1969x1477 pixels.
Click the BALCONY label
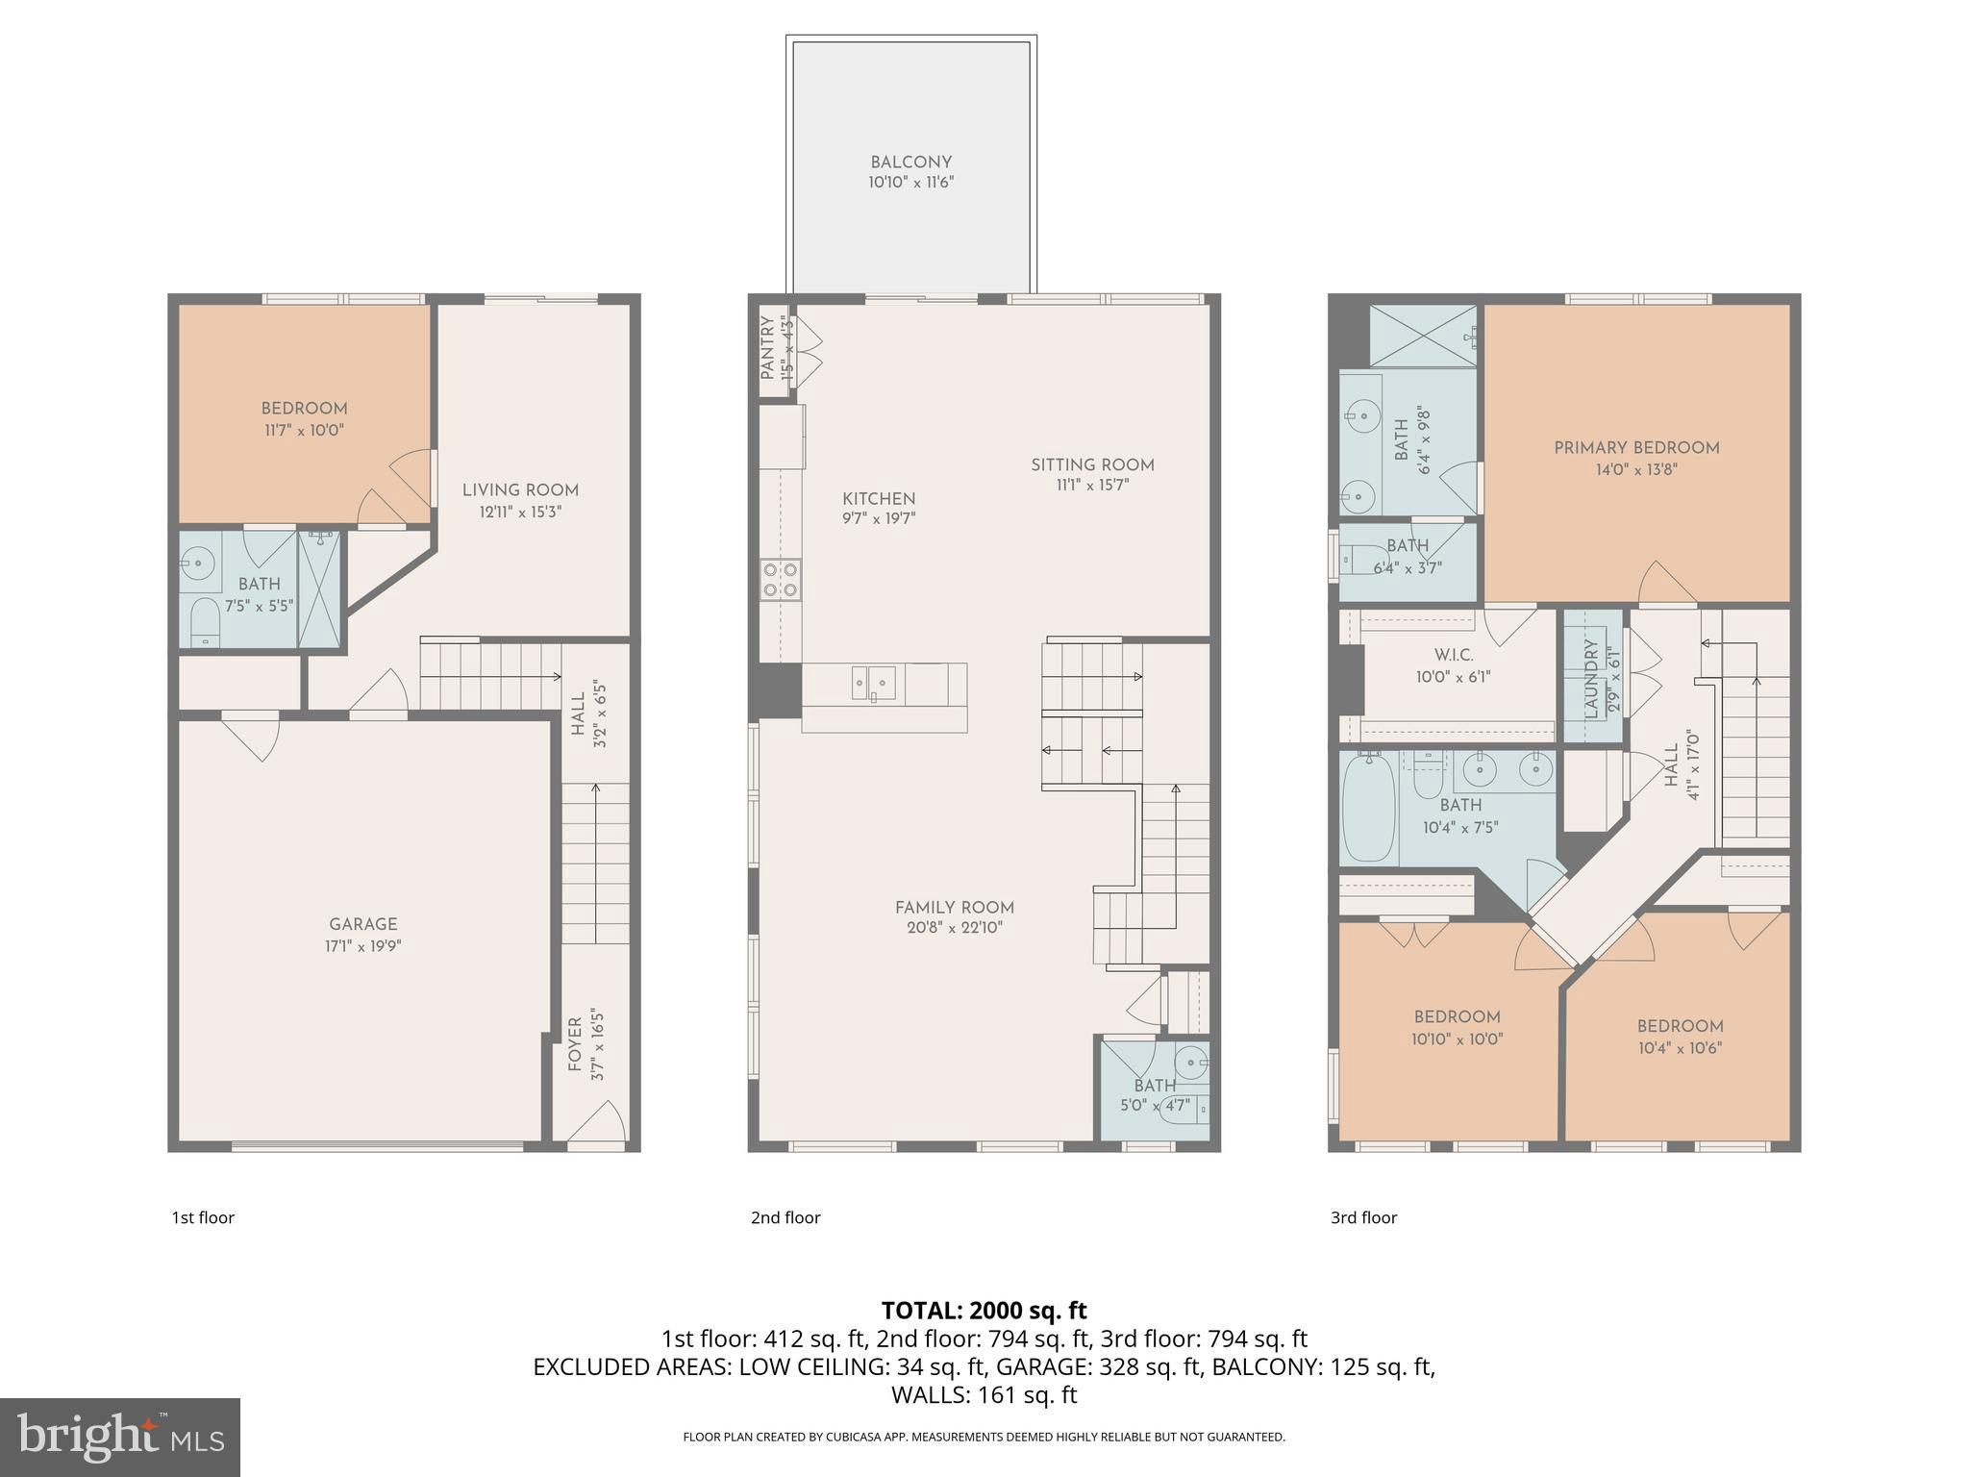[x=910, y=163]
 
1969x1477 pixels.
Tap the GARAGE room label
[x=362, y=924]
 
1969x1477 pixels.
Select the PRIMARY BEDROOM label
[x=1636, y=447]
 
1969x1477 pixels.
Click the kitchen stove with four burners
[x=780, y=579]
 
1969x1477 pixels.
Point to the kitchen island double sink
[x=873, y=683]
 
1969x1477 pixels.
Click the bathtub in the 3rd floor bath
[x=1368, y=809]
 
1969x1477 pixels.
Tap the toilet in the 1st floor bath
[x=205, y=623]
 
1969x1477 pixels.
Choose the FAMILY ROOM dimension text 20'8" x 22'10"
[x=954, y=928]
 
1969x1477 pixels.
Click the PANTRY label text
[x=768, y=347]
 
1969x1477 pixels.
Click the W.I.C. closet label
[x=1453, y=655]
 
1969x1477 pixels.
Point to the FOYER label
[x=575, y=1044]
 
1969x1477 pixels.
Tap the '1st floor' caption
[x=203, y=1217]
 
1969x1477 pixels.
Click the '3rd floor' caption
[x=1363, y=1217]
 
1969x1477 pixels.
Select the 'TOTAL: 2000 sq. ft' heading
[x=984, y=1310]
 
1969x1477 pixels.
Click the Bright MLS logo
[x=119, y=1437]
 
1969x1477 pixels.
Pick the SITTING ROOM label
[x=1092, y=464]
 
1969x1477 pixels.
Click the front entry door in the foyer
[x=598, y=1125]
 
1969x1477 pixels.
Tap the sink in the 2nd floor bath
[x=1192, y=1063]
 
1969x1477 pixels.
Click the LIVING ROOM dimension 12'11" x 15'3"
[x=520, y=513]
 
